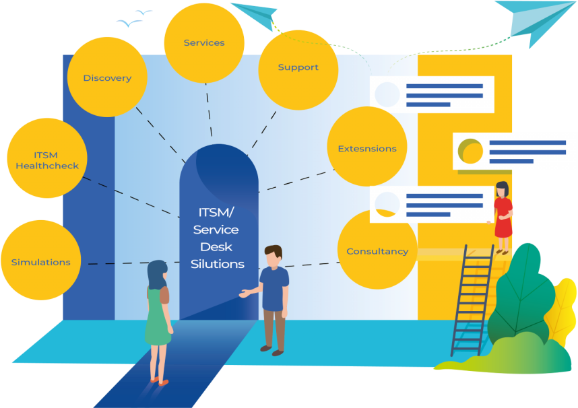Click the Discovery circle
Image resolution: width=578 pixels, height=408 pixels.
[x=107, y=77]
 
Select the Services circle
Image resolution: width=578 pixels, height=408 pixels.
[x=204, y=42]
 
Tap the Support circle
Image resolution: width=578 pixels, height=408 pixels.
[x=298, y=67]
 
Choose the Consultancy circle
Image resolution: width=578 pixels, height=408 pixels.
[x=377, y=250]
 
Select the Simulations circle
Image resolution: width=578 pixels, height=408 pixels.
[x=40, y=261]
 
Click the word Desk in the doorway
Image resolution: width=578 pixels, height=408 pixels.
[x=216, y=246]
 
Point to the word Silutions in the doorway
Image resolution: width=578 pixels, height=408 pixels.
[x=217, y=264]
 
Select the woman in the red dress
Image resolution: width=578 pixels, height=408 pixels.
[x=503, y=215]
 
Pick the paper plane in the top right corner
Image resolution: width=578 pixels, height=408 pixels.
[x=533, y=20]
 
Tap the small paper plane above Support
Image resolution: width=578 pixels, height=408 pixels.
[x=255, y=14]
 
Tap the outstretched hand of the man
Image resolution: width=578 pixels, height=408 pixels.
[x=243, y=294]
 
